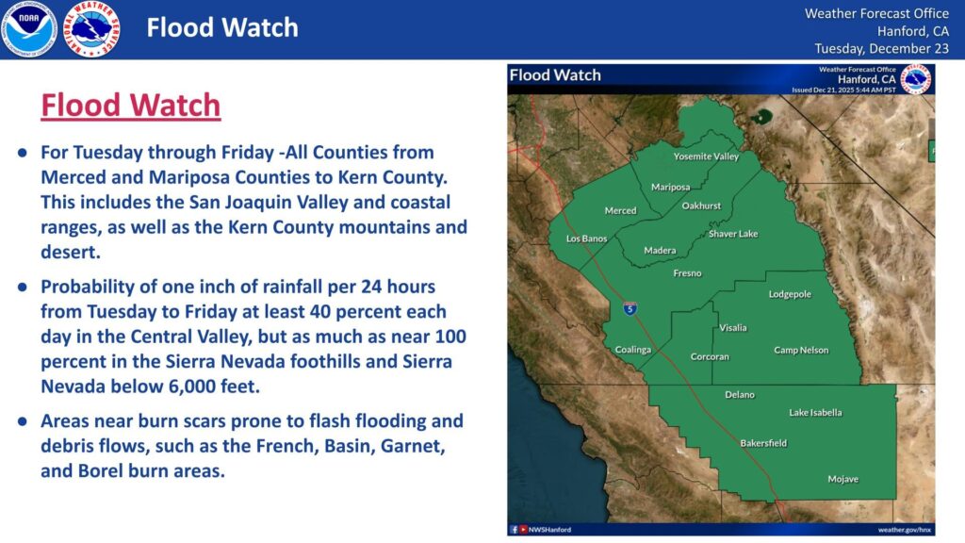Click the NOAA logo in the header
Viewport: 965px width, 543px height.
(x=28, y=29)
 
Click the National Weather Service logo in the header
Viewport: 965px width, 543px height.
(x=90, y=29)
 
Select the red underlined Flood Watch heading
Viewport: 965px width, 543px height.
(x=130, y=106)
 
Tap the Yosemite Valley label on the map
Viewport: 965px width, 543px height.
(x=706, y=156)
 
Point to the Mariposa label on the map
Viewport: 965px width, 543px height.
(x=670, y=187)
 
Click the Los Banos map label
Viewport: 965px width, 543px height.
(x=586, y=239)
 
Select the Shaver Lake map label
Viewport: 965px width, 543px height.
(x=733, y=234)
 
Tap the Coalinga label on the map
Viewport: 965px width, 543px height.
(x=633, y=350)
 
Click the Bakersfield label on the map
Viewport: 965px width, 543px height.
(x=763, y=443)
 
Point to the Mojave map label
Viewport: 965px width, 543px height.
(x=842, y=479)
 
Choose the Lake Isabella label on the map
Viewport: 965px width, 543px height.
(x=815, y=413)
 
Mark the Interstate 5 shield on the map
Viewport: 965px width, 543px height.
(x=629, y=308)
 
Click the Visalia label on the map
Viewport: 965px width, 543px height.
(x=732, y=328)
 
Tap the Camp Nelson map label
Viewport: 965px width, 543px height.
(x=801, y=351)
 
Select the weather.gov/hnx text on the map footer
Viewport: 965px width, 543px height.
(x=905, y=530)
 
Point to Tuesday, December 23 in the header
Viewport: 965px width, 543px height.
(x=881, y=48)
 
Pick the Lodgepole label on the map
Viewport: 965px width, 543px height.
(x=790, y=295)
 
